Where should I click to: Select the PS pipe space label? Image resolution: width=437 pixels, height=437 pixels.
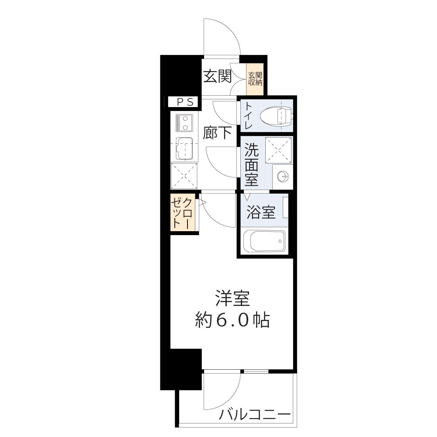pyautogui.click(x=184, y=102)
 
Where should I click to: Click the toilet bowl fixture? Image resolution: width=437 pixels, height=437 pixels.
pyautogui.click(x=277, y=116)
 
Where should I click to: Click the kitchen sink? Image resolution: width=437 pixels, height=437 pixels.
pyautogui.click(x=184, y=148)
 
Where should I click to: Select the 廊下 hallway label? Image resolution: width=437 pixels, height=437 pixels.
pyautogui.click(x=217, y=132)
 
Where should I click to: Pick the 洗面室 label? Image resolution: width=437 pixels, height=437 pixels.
pyautogui.click(x=251, y=164)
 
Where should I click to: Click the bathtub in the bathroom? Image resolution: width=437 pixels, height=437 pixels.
pyautogui.click(x=264, y=241)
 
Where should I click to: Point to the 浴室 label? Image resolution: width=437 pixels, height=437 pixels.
pyautogui.click(x=261, y=213)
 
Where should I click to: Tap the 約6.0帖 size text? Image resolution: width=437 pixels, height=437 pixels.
pyautogui.click(x=232, y=321)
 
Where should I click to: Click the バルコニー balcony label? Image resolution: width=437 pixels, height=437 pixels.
pyautogui.click(x=255, y=414)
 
